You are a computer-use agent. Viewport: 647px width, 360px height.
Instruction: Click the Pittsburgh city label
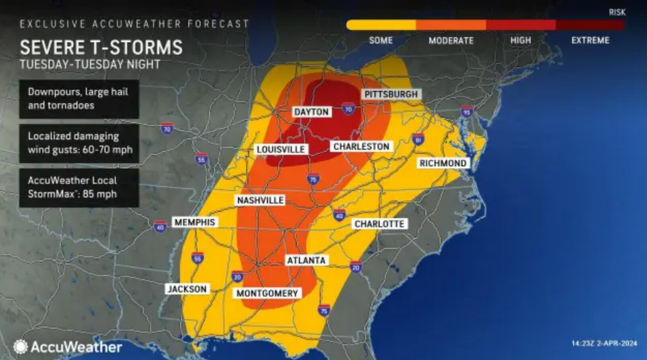pos(391,94)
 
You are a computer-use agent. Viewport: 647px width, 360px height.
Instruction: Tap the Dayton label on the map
pos(312,112)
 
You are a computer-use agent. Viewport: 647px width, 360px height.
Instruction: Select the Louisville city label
pos(281,149)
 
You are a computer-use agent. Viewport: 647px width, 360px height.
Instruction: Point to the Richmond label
pos(443,164)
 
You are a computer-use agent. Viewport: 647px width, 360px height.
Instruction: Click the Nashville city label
pos(261,200)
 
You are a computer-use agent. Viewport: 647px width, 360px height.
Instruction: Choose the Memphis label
pos(195,222)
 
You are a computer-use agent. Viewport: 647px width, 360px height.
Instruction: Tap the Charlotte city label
pos(379,224)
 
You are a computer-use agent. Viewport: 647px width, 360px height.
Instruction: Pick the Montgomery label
pos(267,293)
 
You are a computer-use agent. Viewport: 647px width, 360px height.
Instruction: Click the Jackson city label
pos(187,289)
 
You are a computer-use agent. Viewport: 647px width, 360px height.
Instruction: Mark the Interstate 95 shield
pos(467,111)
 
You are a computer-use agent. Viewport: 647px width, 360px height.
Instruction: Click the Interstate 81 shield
pos(418,139)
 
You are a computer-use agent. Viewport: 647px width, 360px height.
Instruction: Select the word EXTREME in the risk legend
pos(590,40)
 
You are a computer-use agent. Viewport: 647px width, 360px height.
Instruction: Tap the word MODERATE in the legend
pos(451,40)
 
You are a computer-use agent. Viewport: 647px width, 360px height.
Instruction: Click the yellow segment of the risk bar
pos(381,25)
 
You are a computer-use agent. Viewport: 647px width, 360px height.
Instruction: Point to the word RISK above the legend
pos(617,12)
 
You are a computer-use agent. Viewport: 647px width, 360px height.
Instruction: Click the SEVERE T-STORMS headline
pos(101,47)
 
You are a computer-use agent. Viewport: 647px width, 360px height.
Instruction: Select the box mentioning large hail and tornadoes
pos(79,99)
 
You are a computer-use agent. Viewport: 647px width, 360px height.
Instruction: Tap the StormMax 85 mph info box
pos(79,187)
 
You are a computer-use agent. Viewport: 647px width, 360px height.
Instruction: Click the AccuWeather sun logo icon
pos(20,346)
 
